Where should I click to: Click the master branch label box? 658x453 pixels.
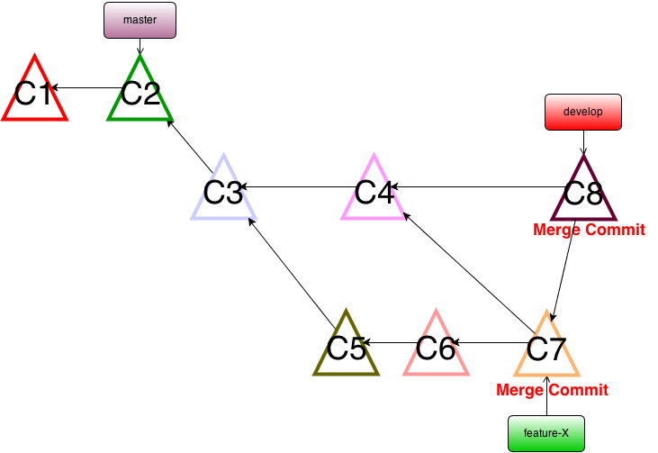click(x=140, y=20)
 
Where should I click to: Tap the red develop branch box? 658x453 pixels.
click(x=582, y=112)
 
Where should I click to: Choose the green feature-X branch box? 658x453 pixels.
click(x=545, y=433)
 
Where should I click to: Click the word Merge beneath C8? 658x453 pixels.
click(x=556, y=230)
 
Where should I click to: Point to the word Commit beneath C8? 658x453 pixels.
click(x=614, y=230)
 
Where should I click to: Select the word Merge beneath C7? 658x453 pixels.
click(x=519, y=390)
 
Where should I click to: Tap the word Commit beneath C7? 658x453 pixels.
click(x=577, y=390)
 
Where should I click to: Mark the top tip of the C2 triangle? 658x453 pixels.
click(x=140, y=56)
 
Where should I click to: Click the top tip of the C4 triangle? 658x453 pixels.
click(x=374, y=154)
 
